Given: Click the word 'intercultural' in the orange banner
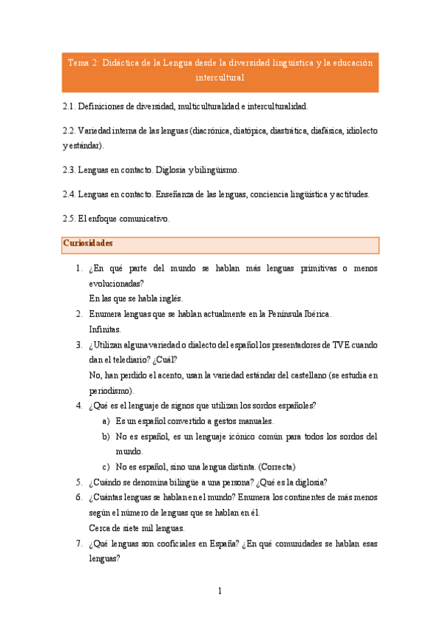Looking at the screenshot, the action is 220,77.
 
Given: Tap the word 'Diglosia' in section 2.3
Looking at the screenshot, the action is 165,170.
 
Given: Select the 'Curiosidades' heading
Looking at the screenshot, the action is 88,243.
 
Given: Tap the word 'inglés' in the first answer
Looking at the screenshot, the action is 169,299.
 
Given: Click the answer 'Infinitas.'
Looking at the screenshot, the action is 105,329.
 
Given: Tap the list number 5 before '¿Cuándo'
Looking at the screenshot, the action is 79,483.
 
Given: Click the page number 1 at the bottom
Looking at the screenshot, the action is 220,591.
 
